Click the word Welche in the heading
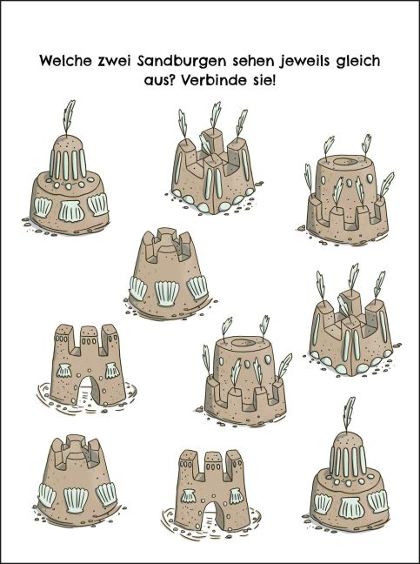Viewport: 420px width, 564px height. [x=66, y=61]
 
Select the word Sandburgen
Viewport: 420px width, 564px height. [x=182, y=62]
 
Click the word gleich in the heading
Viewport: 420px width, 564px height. [x=358, y=61]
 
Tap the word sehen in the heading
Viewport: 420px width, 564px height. [x=252, y=61]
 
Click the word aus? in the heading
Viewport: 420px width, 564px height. [x=159, y=80]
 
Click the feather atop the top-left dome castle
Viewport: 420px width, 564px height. [x=69, y=117]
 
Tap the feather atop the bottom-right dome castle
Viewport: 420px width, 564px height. [x=349, y=413]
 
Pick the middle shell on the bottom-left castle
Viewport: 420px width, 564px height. [x=76, y=500]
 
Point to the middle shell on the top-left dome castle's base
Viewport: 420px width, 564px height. [x=71, y=211]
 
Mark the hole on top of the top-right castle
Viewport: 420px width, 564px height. [x=345, y=161]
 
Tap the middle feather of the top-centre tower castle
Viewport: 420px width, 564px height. [x=215, y=115]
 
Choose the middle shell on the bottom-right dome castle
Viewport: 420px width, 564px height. [x=351, y=508]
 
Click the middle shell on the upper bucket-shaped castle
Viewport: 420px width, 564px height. [x=167, y=293]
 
